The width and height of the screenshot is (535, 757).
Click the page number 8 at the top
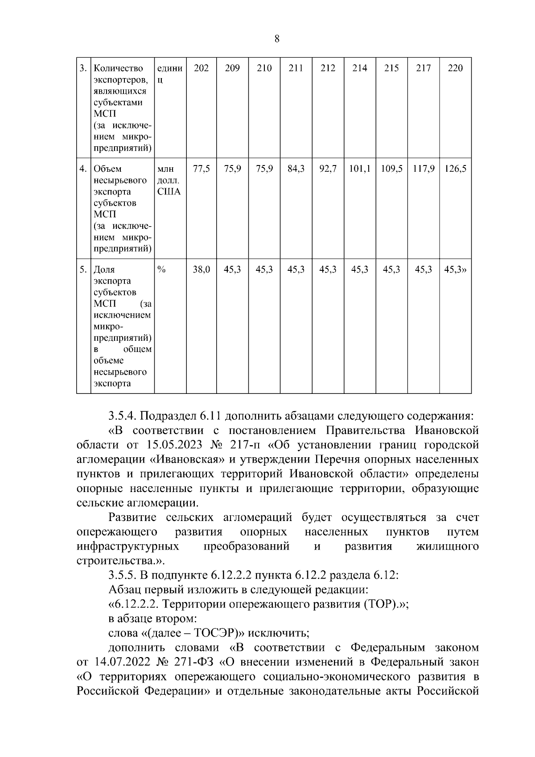click(276, 39)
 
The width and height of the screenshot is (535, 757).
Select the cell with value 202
click(201, 68)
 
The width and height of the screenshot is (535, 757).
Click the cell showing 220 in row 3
click(455, 68)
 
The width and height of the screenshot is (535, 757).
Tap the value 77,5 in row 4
click(201, 169)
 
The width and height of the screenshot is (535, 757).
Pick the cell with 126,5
click(455, 169)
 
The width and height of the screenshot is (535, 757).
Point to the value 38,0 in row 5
click(201, 270)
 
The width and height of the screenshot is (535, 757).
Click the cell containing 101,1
click(359, 169)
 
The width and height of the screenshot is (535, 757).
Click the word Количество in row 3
click(119, 68)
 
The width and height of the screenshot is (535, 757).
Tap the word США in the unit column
click(169, 192)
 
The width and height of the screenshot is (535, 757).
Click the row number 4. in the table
click(83, 169)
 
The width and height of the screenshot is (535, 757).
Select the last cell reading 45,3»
click(455, 270)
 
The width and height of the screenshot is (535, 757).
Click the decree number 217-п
click(248, 445)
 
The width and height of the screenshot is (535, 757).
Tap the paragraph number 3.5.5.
click(123, 575)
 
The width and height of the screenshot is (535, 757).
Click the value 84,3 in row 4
click(296, 169)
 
